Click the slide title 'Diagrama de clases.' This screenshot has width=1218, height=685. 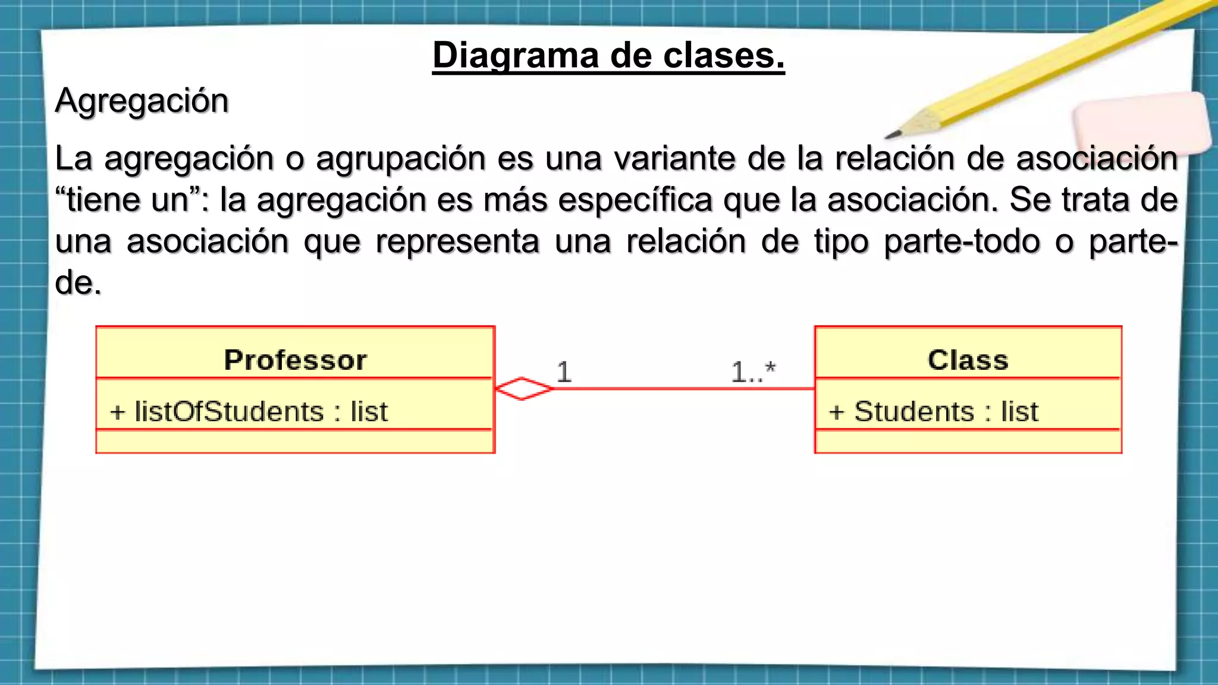tap(608, 56)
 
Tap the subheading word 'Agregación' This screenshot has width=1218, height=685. tap(142, 100)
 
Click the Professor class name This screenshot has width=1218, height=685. tap(296, 360)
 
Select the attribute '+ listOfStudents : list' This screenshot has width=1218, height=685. tap(249, 411)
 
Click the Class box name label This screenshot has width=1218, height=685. tap(968, 360)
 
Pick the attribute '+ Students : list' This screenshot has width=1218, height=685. tap(933, 411)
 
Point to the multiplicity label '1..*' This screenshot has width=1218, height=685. tap(753, 372)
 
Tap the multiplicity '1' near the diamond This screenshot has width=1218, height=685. tap(564, 372)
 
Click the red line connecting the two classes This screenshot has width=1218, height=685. tap(684, 389)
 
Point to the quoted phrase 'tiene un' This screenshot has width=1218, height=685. tap(128, 200)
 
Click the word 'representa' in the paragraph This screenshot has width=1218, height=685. tap(457, 242)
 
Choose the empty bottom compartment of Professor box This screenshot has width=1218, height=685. tap(296, 441)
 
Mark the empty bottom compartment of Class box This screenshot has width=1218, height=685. tap(968, 441)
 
